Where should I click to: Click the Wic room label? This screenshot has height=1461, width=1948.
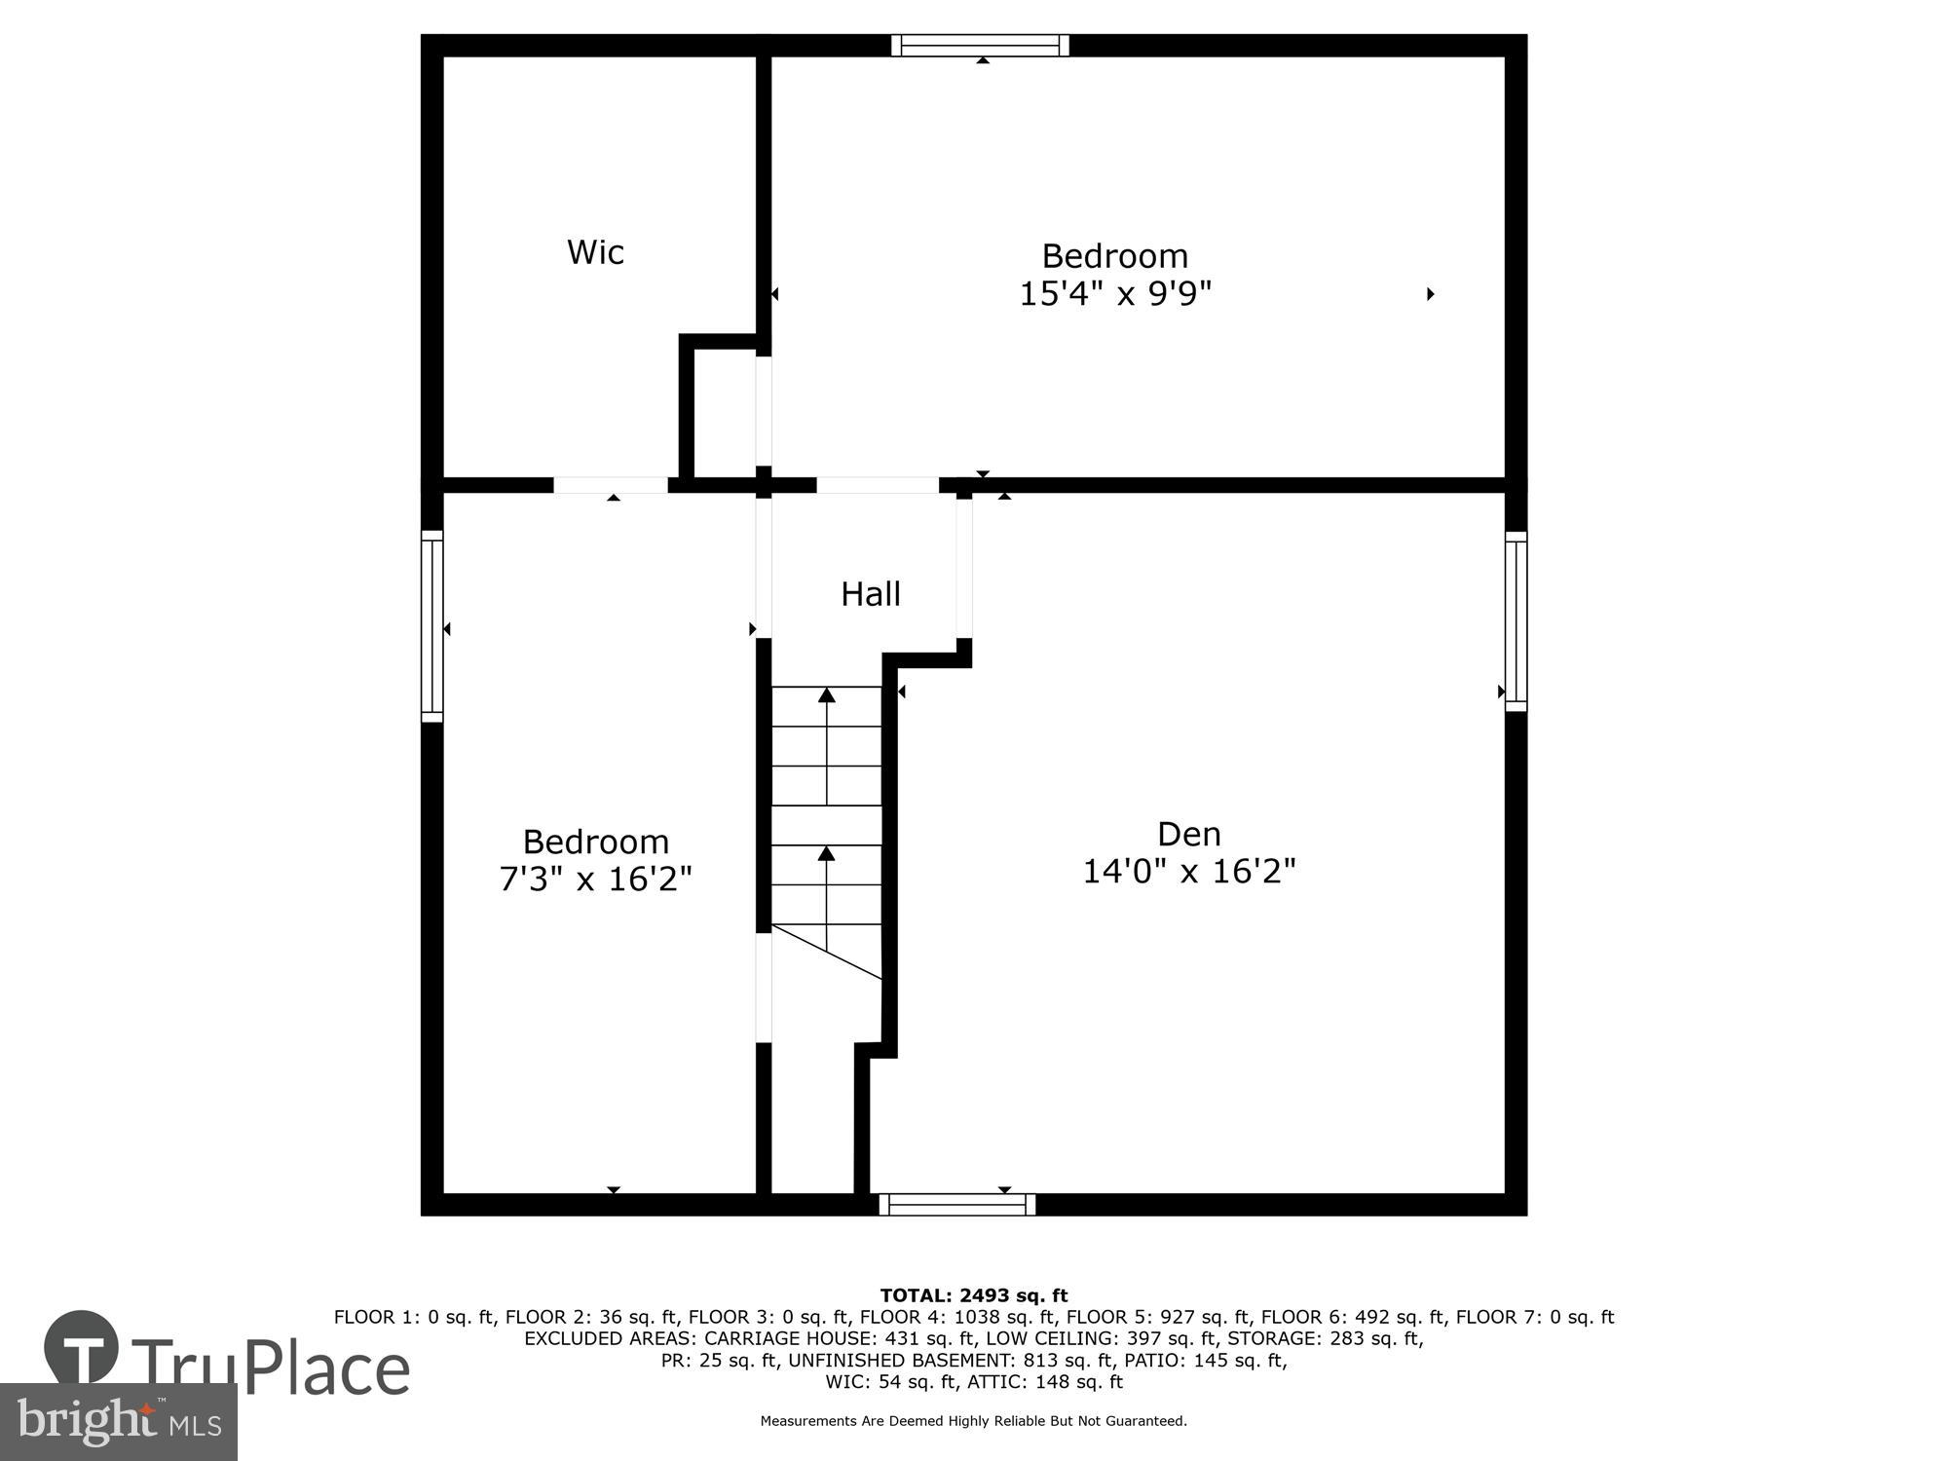pos(595,252)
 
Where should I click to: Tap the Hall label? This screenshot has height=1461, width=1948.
pos(870,594)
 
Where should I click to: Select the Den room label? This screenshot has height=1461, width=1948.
pos(1188,835)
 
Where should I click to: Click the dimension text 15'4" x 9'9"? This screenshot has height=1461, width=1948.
pos(1115,294)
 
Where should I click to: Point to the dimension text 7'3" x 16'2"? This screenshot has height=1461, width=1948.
pos(595,880)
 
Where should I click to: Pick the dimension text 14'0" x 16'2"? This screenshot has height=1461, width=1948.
pos(1188,872)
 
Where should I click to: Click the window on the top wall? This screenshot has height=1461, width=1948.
pos(980,46)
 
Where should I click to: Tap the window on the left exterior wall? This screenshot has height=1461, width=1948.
pos(431,625)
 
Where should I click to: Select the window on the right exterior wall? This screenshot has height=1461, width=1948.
pos(1516,620)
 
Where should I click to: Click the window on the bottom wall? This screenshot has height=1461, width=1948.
pos(956,1205)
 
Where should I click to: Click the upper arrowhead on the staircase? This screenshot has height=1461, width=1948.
pos(827,694)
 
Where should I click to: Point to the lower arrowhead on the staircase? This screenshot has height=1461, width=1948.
pos(827,853)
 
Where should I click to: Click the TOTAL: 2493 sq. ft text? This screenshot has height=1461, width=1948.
pos(974,1295)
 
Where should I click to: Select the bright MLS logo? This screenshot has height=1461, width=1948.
pos(119,1422)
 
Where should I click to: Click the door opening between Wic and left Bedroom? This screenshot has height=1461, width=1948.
pos(611,485)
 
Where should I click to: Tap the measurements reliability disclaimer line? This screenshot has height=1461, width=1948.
pos(974,1421)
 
